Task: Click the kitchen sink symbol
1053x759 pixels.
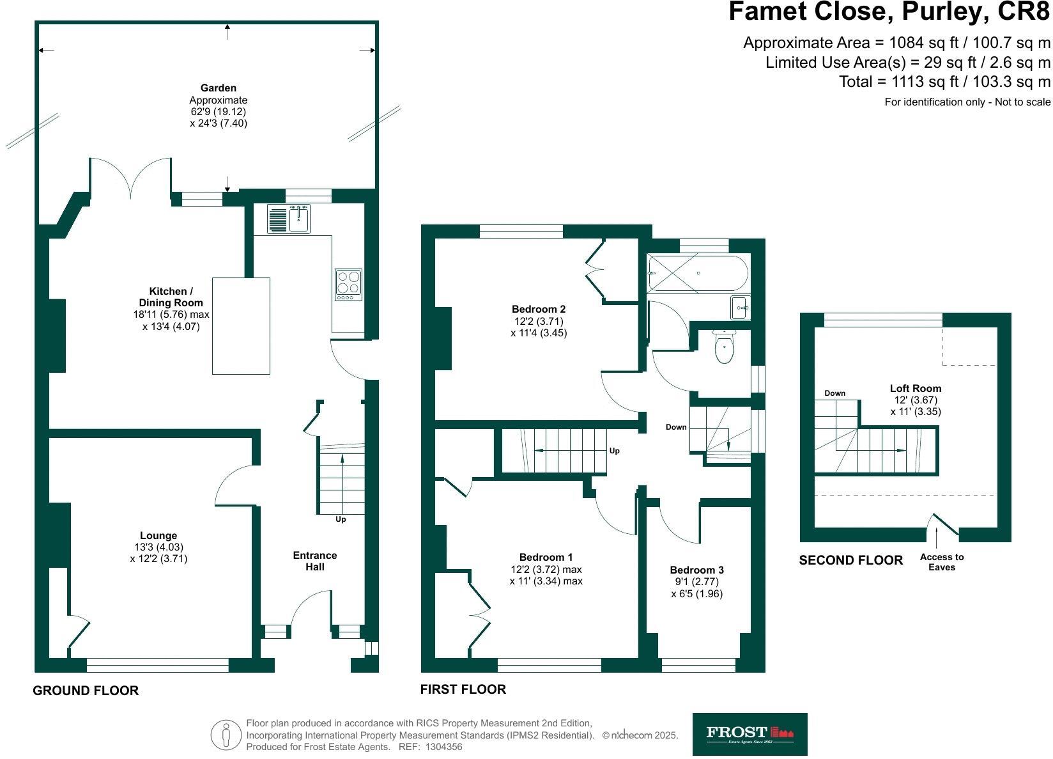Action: pyautogui.click(x=289, y=219)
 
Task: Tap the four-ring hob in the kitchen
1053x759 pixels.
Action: pyautogui.click(x=348, y=285)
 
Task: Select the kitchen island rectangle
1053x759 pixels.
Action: pyautogui.click(x=241, y=325)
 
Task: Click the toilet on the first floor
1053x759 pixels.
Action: pyautogui.click(x=724, y=347)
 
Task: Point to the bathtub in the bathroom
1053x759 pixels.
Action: pyautogui.click(x=696, y=274)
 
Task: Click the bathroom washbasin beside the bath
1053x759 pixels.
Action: pyautogui.click(x=740, y=308)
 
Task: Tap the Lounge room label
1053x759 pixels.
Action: pyautogui.click(x=158, y=536)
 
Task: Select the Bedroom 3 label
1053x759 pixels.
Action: pyautogui.click(x=696, y=570)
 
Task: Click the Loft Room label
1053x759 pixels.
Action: pyautogui.click(x=915, y=388)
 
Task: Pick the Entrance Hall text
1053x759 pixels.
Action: pyautogui.click(x=314, y=561)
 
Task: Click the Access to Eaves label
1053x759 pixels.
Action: pyautogui.click(x=941, y=562)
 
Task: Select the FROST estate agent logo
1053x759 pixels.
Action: pyautogui.click(x=749, y=735)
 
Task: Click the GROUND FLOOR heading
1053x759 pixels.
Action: pyautogui.click(x=86, y=691)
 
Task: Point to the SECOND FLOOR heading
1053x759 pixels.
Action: pyautogui.click(x=850, y=560)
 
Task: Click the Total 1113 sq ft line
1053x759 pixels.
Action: pyautogui.click(x=944, y=82)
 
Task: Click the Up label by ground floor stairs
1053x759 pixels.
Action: pyautogui.click(x=341, y=519)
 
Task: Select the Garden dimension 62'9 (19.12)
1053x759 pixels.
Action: pyautogui.click(x=218, y=111)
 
